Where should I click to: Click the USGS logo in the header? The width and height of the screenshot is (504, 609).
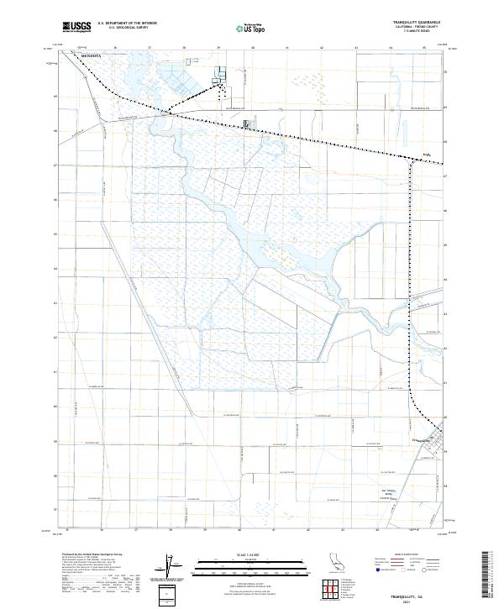coord(76,26)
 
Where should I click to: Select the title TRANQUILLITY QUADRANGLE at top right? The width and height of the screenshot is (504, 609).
coord(417,23)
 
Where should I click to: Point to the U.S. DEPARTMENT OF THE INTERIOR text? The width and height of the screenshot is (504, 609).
coord(127,24)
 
